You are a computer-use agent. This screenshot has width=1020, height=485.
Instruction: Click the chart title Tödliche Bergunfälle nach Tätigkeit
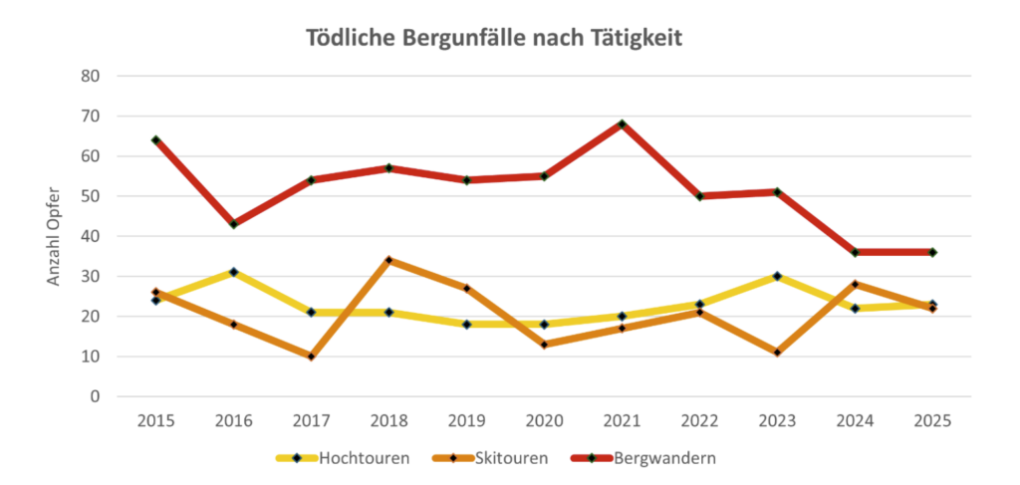click(493, 39)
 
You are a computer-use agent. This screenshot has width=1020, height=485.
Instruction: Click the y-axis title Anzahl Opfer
click(54, 236)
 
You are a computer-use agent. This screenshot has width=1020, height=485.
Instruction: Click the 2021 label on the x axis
click(622, 420)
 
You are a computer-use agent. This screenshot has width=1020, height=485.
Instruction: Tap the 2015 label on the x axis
click(156, 420)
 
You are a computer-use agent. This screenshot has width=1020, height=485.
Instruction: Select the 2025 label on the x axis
click(932, 420)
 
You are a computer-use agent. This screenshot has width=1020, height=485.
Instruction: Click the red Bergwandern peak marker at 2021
click(622, 123)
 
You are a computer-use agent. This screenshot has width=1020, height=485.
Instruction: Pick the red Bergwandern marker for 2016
click(234, 224)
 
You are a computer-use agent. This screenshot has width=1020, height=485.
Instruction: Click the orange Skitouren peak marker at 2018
click(389, 260)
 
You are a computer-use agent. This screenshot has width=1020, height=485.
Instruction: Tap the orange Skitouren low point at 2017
click(312, 357)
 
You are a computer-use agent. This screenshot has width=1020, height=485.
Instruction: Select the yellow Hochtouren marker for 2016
click(234, 272)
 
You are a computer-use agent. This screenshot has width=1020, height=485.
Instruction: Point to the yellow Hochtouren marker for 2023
click(777, 276)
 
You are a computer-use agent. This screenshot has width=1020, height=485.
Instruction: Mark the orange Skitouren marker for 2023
click(777, 353)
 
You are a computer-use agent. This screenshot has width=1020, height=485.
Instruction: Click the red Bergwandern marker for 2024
click(855, 252)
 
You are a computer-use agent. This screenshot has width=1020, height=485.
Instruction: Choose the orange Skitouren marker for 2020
click(544, 345)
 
